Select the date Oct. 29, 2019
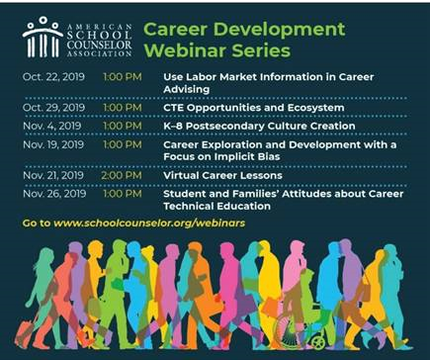click(x=49, y=105)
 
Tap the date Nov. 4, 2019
click(x=47, y=126)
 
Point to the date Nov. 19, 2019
click(x=50, y=146)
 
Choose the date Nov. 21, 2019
click(x=49, y=175)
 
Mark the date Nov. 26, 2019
click(x=50, y=196)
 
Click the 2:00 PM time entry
click(x=118, y=175)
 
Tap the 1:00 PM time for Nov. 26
click(x=118, y=196)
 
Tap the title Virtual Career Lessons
click(x=222, y=175)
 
